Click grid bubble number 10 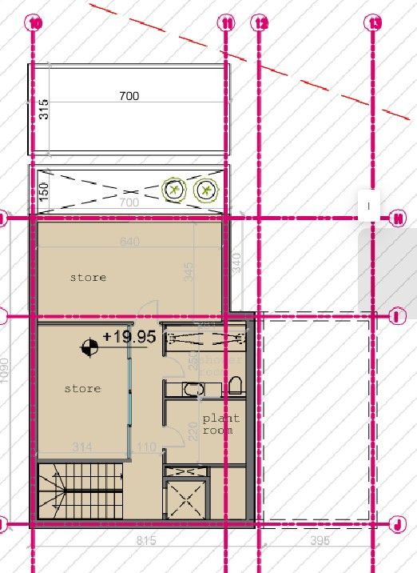click(34, 23)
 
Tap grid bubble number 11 click(228, 23)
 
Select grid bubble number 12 click(259, 23)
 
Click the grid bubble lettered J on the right click(397, 524)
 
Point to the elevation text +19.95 click(129, 337)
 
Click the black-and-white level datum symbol click(89, 347)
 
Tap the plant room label click(220, 423)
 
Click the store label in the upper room click(88, 278)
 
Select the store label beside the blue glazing click(82, 388)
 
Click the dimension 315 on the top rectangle click(44, 107)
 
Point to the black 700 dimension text click(129, 96)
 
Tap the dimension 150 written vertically click(44, 190)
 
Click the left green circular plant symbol click(173, 190)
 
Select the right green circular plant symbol click(206, 190)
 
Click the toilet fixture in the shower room click(235, 387)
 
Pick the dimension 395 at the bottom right click(320, 542)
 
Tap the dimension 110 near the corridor click(146, 447)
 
